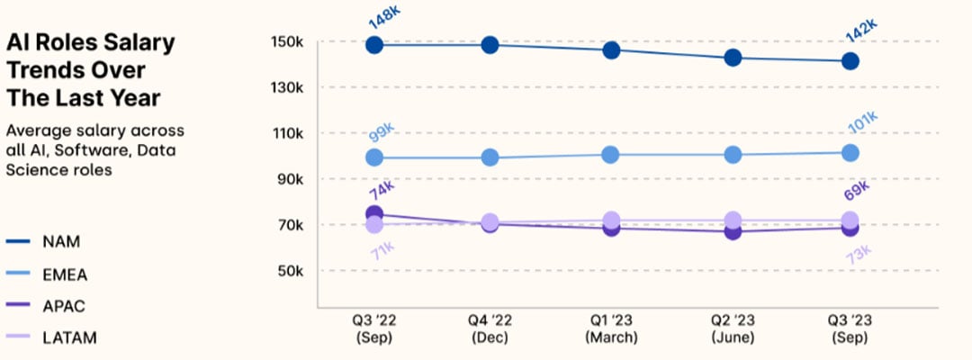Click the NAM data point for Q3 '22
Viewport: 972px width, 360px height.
pyautogui.click(x=374, y=44)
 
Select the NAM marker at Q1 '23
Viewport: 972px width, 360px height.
pyautogui.click(x=611, y=49)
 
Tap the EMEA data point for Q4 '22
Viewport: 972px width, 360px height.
pyautogui.click(x=490, y=157)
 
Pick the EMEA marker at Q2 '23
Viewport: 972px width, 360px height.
pyautogui.click(x=733, y=154)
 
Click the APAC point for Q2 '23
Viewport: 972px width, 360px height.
pyautogui.click(x=733, y=231)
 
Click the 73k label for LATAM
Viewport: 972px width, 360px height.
pyautogui.click(x=858, y=256)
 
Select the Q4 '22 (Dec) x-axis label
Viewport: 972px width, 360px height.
pyautogui.click(x=491, y=329)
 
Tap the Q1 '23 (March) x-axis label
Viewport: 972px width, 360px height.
pyautogui.click(x=611, y=329)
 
